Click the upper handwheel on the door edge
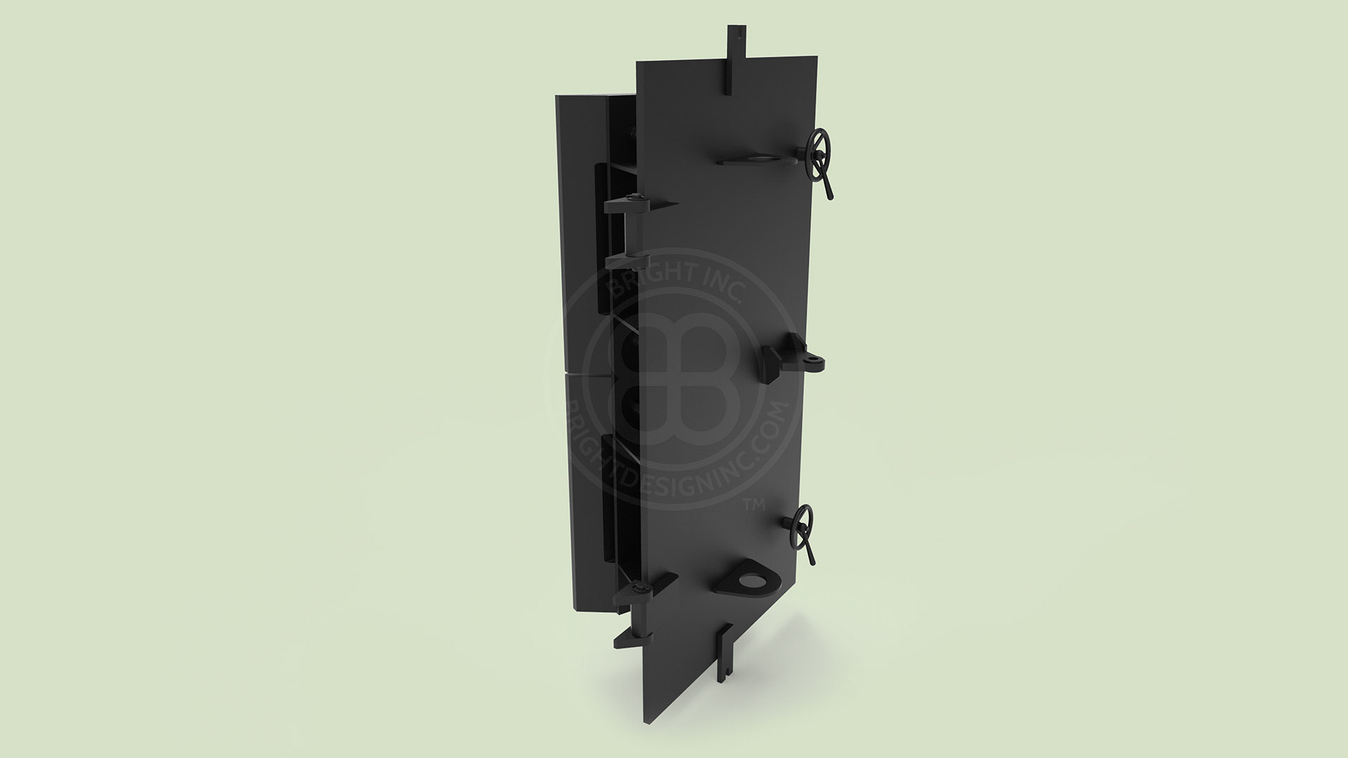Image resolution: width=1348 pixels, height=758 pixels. point(819,146)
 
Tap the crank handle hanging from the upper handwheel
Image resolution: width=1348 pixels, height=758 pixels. point(828,184)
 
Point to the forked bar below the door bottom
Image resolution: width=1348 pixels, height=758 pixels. point(722,653)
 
